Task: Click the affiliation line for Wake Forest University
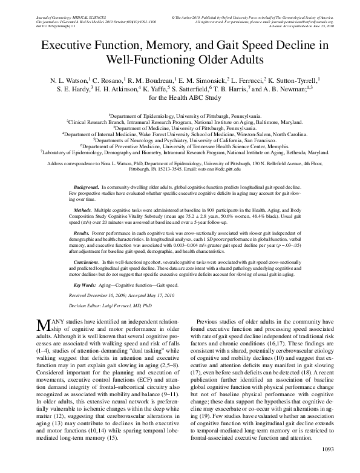[180, 133]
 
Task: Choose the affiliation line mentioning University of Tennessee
[180, 146]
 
